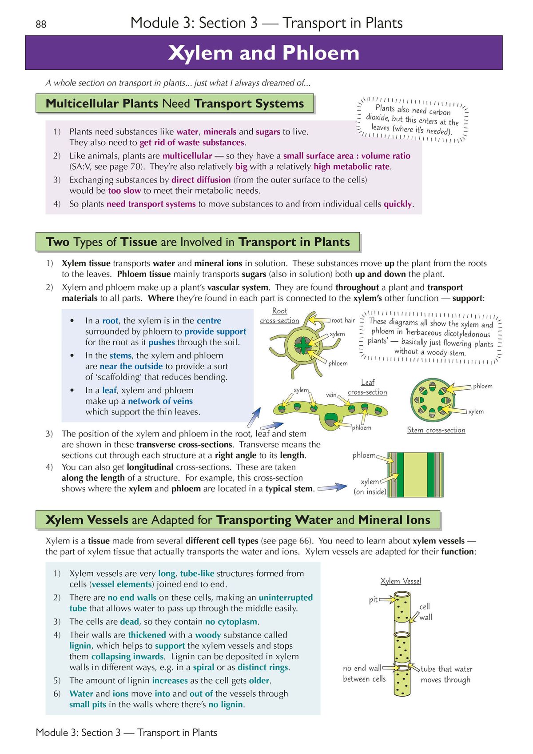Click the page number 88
[41, 24]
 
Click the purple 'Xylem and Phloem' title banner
[264, 53]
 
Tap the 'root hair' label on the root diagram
[343, 320]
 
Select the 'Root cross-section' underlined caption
[279, 316]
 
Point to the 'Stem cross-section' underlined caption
[436, 430]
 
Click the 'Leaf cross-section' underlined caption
[367, 387]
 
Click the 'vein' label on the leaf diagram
[331, 395]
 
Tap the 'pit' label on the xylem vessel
[373, 600]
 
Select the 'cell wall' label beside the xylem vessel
[425, 612]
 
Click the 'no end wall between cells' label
[364, 674]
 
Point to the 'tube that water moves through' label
[446, 674]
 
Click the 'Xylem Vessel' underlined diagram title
[401, 581]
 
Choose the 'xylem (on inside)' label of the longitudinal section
[370, 487]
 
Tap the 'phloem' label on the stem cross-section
[482, 386]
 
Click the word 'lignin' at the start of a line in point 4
[80, 646]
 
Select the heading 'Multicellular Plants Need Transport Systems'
[175, 104]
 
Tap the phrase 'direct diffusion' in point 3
[201, 180]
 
